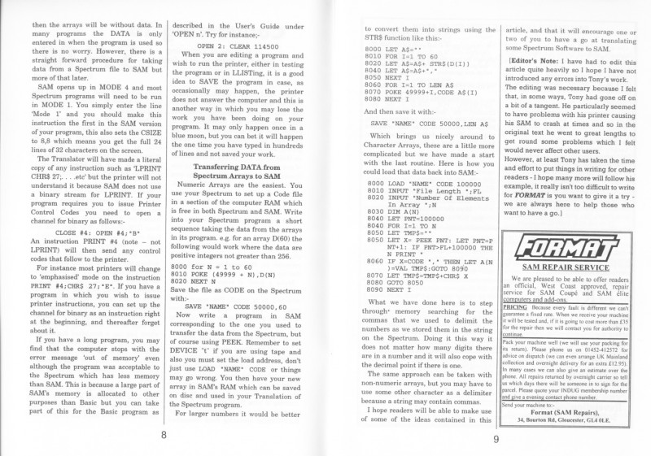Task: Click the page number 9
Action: [496, 441]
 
